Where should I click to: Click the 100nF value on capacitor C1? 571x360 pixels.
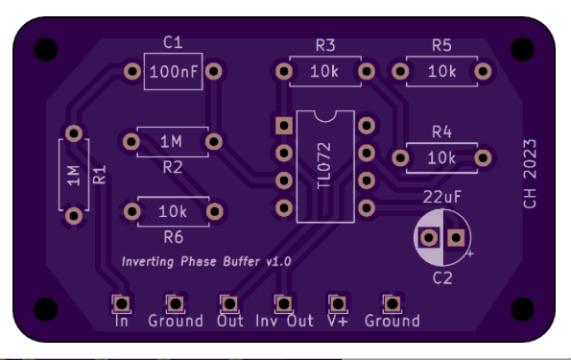(x=174, y=72)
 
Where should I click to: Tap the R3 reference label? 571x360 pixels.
(x=325, y=45)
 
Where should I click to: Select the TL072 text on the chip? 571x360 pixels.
(x=323, y=166)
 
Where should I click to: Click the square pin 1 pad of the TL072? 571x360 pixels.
(x=284, y=126)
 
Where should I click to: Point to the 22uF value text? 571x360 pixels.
(x=442, y=197)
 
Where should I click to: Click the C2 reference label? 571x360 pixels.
(x=442, y=278)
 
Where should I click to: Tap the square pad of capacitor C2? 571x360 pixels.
(x=456, y=238)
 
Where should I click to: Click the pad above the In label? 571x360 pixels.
(x=122, y=303)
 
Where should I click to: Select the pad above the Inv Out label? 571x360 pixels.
(x=284, y=303)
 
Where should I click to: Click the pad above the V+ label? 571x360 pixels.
(x=338, y=303)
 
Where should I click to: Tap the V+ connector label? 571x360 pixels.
(x=338, y=321)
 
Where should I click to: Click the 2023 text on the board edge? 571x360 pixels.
(x=530, y=158)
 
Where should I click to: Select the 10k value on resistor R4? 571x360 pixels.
(x=441, y=158)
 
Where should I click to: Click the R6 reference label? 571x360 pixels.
(x=174, y=237)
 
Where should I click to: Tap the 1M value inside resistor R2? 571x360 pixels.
(x=171, y=141)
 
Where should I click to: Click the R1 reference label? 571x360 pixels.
(x=99, y=175)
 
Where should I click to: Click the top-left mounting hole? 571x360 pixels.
(x=46, y=49)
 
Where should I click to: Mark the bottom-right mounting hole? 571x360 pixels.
(x=522, y=309)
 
